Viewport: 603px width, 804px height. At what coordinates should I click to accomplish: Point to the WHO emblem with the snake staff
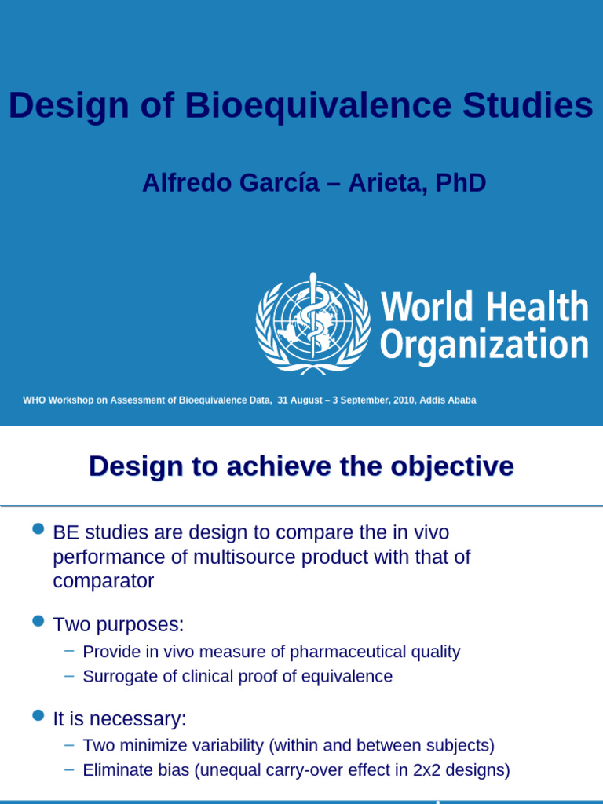[x=312, y=322]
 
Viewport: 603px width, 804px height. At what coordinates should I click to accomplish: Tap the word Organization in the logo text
[x=484, y=345]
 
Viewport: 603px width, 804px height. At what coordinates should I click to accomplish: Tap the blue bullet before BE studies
[x=37, y=530]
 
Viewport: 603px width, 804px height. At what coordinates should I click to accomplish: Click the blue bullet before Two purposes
[x=37, y=622]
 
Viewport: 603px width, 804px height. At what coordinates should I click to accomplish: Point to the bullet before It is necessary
[x=37, y=716]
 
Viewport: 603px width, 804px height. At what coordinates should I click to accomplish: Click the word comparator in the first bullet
[x=104, y=582]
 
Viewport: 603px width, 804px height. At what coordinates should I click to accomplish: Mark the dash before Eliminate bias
[x=69, y=769]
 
